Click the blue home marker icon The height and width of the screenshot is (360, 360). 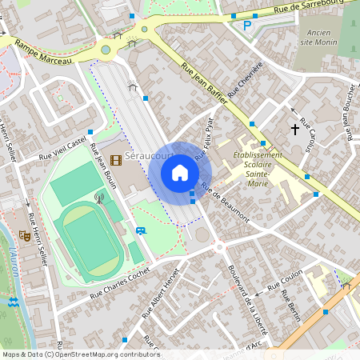click(x=180, y=173)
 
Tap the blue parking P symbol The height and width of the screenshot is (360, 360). click(x=247, y=26)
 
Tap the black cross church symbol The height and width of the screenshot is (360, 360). click(x=294, y=128)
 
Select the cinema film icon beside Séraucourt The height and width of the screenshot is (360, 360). click(x=117, y=160)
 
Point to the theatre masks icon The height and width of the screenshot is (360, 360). click(x=25, y=236)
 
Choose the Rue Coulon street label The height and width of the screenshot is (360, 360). click(x=283, y=282)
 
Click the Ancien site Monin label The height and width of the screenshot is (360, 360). click(x=318, y=38)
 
